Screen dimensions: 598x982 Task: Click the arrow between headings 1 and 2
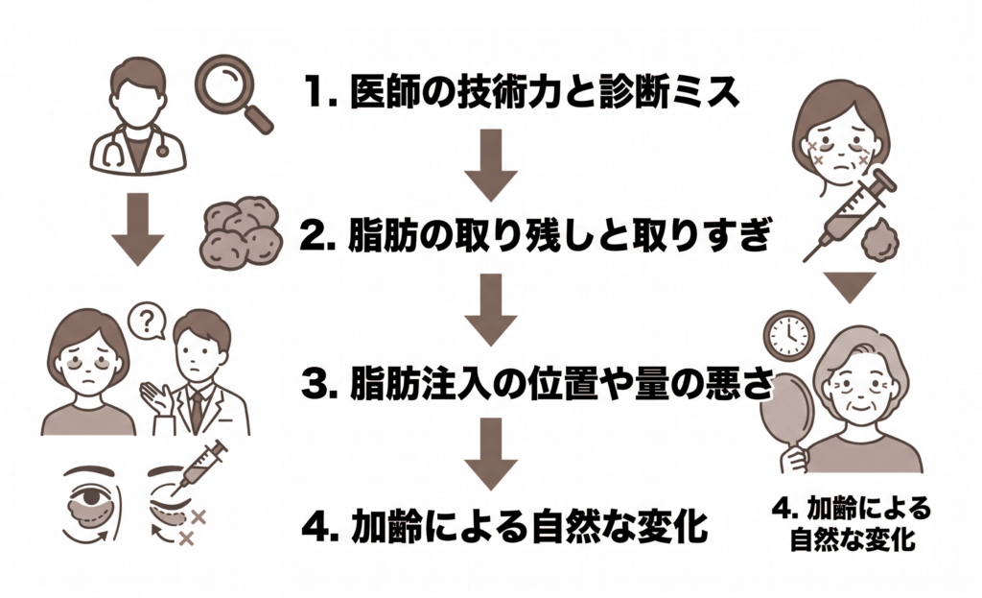tap(491, 164)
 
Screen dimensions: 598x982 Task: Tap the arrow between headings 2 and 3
tap(491, 309)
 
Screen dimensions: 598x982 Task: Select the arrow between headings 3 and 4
tap(491, 453)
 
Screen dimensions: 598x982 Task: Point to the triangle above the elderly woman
tap(851, 286)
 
